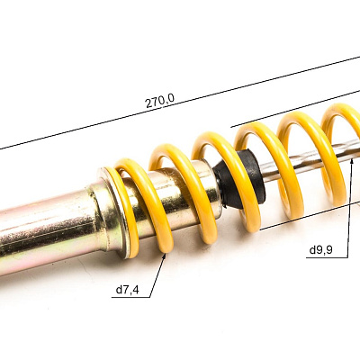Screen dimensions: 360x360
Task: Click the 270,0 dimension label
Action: [159, 101]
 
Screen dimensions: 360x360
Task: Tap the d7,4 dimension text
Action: [128, 290]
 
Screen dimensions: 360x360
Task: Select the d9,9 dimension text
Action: [320, 250]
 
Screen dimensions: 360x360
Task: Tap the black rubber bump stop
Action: [240, 179]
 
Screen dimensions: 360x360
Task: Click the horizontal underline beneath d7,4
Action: [130, 298]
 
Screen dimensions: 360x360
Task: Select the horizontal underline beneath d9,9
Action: [327, 257]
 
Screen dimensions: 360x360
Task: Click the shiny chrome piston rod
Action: [309, 164]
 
